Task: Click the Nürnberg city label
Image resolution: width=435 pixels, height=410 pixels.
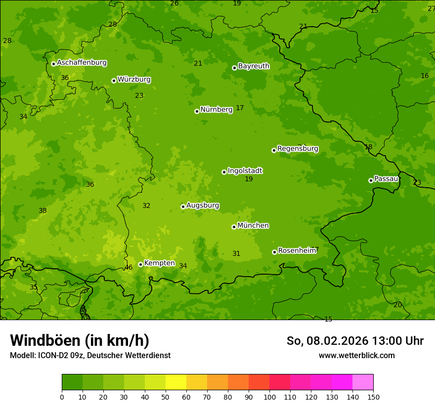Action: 216,110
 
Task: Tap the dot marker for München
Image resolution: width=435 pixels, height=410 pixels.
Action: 234,227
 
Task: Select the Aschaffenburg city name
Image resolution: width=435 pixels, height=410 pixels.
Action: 82,63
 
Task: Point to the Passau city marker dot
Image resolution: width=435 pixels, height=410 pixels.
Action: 371,180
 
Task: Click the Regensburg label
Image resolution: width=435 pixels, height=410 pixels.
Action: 298,149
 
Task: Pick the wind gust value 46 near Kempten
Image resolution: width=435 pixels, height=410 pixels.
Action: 129,268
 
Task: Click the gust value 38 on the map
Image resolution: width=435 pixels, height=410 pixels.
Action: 43,211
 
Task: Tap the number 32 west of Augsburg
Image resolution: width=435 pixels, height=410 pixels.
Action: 146,206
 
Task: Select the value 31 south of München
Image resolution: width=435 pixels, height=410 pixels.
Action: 236,254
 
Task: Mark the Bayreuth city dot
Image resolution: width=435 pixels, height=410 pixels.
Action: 234,68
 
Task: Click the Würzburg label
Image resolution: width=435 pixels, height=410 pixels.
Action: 134,80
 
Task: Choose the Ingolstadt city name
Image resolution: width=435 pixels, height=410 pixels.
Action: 245,171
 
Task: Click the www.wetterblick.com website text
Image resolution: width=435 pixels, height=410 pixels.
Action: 356,355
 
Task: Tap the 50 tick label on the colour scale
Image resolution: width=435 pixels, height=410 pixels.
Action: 166,397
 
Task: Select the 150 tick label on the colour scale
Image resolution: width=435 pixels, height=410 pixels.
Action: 373,397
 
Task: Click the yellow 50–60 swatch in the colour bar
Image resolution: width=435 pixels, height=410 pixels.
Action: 176,382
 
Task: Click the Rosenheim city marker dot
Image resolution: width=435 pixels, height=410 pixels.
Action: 274,252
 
